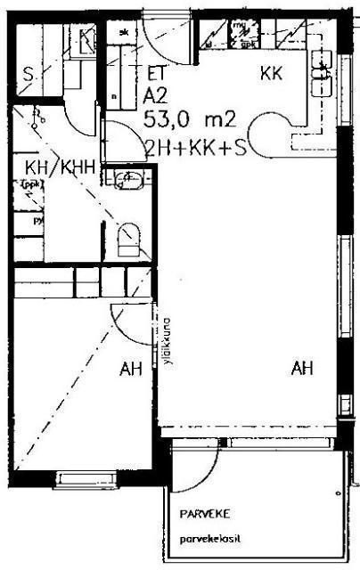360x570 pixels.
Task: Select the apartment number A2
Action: (156, 95)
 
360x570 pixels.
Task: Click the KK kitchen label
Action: (271, 75)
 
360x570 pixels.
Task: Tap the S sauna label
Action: (29, 75)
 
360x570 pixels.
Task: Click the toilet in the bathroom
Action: (129, 238)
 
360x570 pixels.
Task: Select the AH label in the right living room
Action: (302, 367)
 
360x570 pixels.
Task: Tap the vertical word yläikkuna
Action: (166, 338)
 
